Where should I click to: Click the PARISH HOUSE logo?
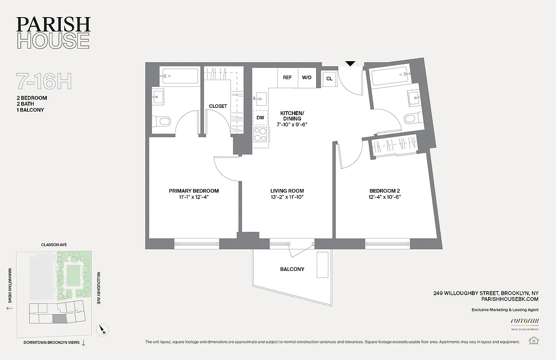tap(54, 33)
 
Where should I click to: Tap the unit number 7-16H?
tap(44, 81)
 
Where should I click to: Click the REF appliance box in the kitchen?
tap(287, 77)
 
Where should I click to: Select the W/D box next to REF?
tap(307, 77)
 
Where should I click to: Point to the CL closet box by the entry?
tap(329, 79)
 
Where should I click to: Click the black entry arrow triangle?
tap(350, 64)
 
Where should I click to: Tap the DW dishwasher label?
tap(260, 117)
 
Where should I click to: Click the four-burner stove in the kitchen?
tap(260, 134)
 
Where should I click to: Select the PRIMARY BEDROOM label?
tap(194, 191)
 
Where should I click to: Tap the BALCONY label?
tap(292, 269)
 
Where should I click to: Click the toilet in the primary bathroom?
tap(162, 121)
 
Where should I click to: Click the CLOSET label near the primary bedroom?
tap(218, 106)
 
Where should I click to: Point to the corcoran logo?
tap(525, 321)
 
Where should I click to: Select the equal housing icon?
tap(534, 340)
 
